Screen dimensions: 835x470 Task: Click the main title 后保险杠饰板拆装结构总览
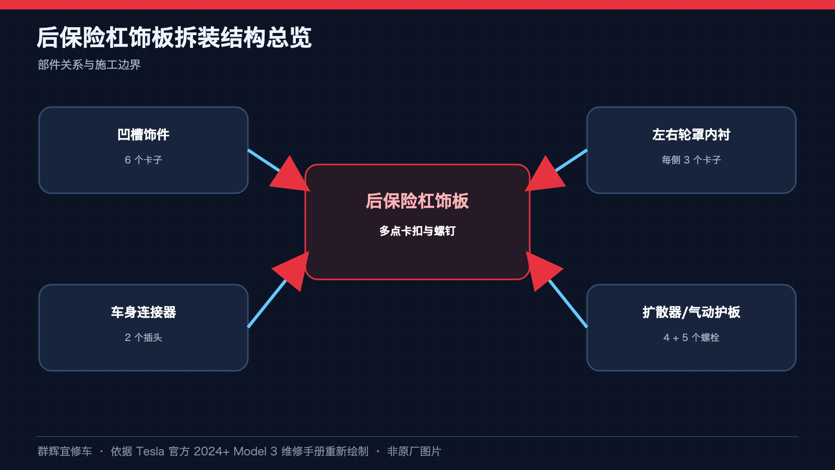click(174, 38)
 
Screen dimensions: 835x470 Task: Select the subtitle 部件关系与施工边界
click(89, 65)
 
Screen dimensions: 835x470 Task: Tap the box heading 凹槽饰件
click(144, 135)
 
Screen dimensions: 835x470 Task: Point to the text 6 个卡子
click(144, 160)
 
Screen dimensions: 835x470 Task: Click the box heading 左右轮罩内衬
click(691, 135)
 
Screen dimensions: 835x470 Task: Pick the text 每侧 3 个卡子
click(691, 160)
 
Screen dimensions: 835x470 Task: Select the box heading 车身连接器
click(144, 312)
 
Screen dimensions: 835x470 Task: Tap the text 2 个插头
click(144, 337)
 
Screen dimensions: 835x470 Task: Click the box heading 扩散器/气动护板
click(691, 312)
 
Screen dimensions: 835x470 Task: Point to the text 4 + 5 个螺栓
click(691, 337)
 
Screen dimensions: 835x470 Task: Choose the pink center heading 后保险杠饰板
click(417, 201)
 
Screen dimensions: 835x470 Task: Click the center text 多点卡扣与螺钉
click(417, 231)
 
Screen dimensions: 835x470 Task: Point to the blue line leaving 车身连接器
click(267, 303)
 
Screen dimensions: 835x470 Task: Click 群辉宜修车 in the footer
click(65, 451)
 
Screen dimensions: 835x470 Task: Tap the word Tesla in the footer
click(150, 451)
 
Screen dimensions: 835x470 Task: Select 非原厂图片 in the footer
click(414, 451)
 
